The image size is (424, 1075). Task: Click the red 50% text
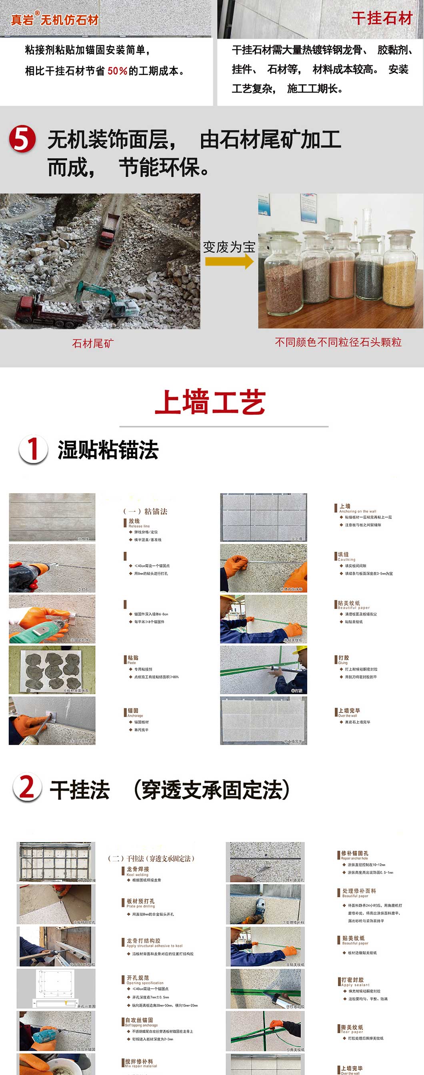(x=117, y=70)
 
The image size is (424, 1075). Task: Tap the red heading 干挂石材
(x=382, y=18)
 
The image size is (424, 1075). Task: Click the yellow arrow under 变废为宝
(x=229, y=262)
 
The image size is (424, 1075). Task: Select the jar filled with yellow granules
(x=399, y=271)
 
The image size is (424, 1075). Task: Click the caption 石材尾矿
(x=93, y=344)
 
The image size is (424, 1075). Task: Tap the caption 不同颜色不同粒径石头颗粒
(x=338, y=342)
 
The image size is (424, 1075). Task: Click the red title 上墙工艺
(x=210, y=402)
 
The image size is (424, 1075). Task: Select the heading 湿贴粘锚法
(x=108, y=450)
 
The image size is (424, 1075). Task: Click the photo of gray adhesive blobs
(x=52, y=670)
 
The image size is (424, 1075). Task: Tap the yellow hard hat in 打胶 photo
(x=300, y=650)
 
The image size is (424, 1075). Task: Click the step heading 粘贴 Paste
(x=133, y=659)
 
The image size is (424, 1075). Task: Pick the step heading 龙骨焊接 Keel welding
(x=138, y=871)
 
